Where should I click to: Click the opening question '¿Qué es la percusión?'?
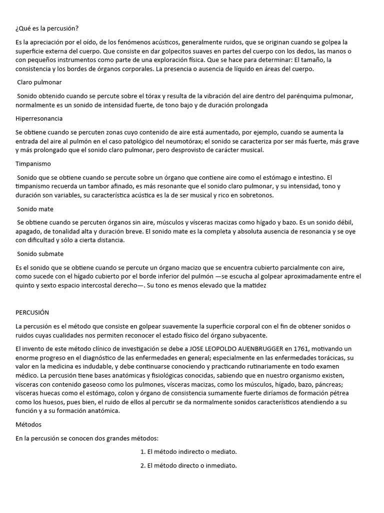[47, 28]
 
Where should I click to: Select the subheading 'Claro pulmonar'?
[39, 82]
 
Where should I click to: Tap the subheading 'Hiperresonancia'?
[39, 119]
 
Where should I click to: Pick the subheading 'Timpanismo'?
[33, 164]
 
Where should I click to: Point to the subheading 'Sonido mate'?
[35, 209]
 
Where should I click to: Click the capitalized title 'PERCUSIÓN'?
[32, 312]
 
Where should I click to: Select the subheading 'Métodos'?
[29, 424]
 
